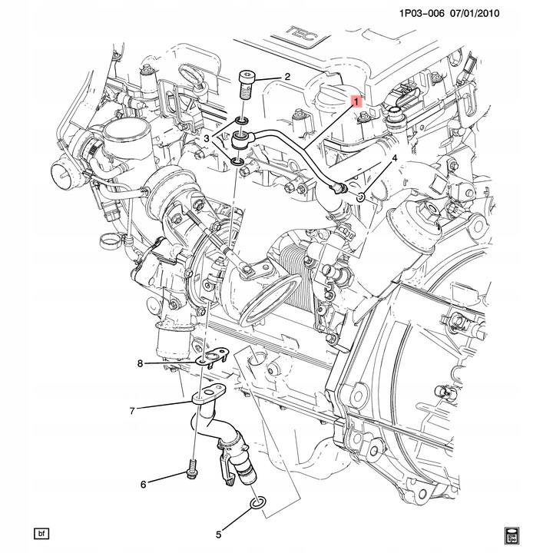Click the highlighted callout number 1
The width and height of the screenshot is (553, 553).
click(356, 102)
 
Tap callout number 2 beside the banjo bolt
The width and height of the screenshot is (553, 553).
click(287, 77)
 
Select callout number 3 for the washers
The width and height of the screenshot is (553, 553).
click(207, 138)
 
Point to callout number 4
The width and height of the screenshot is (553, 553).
click(395, 158)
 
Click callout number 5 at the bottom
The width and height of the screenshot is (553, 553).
click(219, 535)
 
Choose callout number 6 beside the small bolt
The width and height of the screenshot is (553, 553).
click(143, 485)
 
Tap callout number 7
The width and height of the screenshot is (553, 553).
click(132, 411)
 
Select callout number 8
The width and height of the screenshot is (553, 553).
click(140, 363)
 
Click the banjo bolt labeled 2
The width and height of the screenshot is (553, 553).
click(245, 84)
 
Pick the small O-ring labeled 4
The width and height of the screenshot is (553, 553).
click(359, 197)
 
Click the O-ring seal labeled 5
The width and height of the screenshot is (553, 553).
click(258, 503)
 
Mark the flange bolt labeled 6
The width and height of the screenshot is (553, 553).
click(191, 469)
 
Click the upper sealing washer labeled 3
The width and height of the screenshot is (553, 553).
click(241, 121)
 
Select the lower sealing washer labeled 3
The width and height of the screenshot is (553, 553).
click(237, 161)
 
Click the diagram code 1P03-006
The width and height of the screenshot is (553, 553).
click(422, 14)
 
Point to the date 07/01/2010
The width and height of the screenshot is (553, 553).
click(475, 14)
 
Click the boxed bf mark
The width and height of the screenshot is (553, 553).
click(41, 534)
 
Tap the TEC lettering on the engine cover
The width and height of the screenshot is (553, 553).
click(303, 34)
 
